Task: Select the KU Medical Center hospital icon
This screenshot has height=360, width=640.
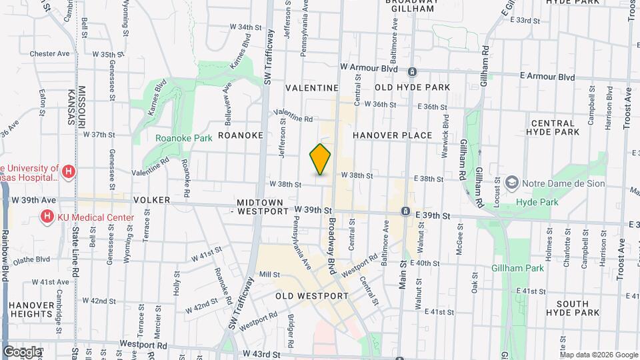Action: coord(47,217)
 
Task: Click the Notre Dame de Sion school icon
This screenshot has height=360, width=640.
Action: coord(511,182)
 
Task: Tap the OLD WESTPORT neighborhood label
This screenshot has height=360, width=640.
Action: coord(311,295)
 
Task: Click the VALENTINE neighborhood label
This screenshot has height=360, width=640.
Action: coord(312,87)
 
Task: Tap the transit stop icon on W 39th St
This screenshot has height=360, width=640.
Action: coord(405,211)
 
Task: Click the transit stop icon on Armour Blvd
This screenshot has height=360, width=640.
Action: coord(412,72)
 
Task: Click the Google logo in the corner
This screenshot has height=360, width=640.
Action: coord(22,351)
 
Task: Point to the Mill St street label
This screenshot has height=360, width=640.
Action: coord(269,274)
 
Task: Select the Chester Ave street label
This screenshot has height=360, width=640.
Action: coord(50,53)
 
